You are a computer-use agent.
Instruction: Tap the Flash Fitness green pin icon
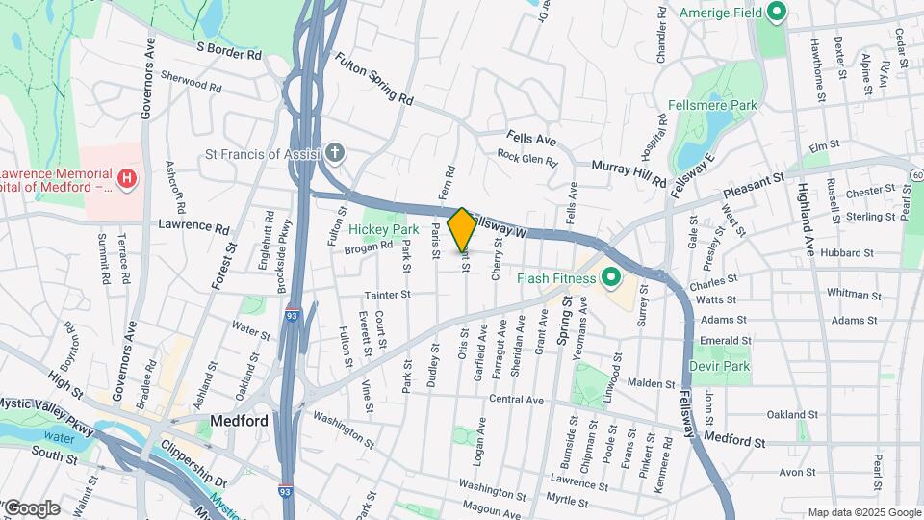tap(609, 279)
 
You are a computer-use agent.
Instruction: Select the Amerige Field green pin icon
tap(777, 13)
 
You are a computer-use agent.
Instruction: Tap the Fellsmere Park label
tap(712, 105)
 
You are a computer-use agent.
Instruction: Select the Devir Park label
tap(719, 366)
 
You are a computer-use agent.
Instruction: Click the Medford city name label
tap(238, 421)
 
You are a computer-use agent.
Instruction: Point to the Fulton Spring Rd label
tap(373, 78)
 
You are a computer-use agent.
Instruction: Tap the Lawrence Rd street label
tap(194, 228)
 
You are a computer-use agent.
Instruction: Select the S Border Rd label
tap(229, 49)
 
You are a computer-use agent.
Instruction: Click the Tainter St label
tap(387, 295)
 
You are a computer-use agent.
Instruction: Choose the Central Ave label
tap(517, 399)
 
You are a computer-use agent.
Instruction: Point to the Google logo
tap(31, 507)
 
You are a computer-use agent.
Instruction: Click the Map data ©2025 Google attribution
tap(863, 512)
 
